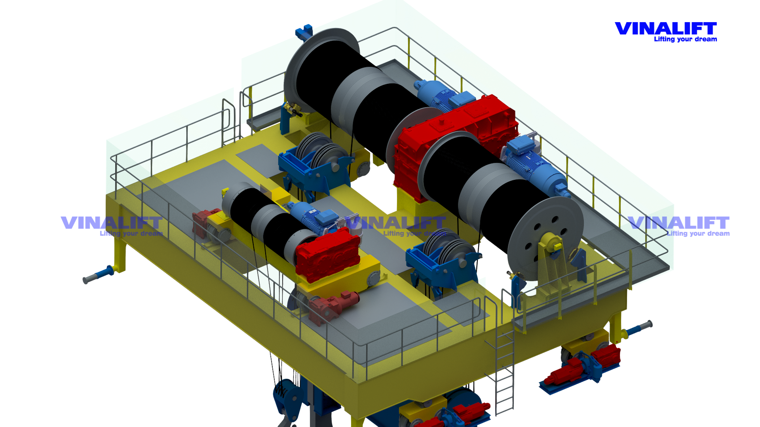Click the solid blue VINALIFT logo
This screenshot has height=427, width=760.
666,29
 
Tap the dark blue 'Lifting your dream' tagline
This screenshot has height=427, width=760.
685,39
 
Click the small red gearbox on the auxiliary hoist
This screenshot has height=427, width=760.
328,255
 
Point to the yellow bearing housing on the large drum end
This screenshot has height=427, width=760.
552,242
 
